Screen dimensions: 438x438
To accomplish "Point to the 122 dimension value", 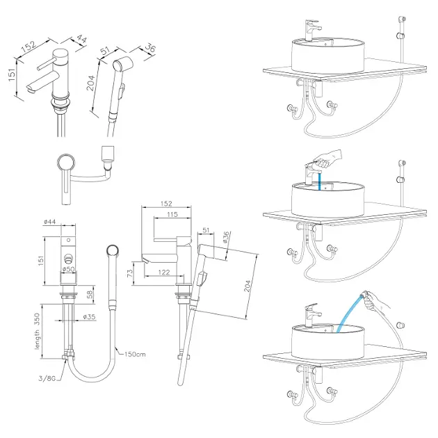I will point(164,272).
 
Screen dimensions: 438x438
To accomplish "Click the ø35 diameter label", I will point(89,318).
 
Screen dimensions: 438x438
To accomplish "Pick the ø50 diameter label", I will point(68,268).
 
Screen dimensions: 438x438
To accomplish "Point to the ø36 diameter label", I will point(226,238).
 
